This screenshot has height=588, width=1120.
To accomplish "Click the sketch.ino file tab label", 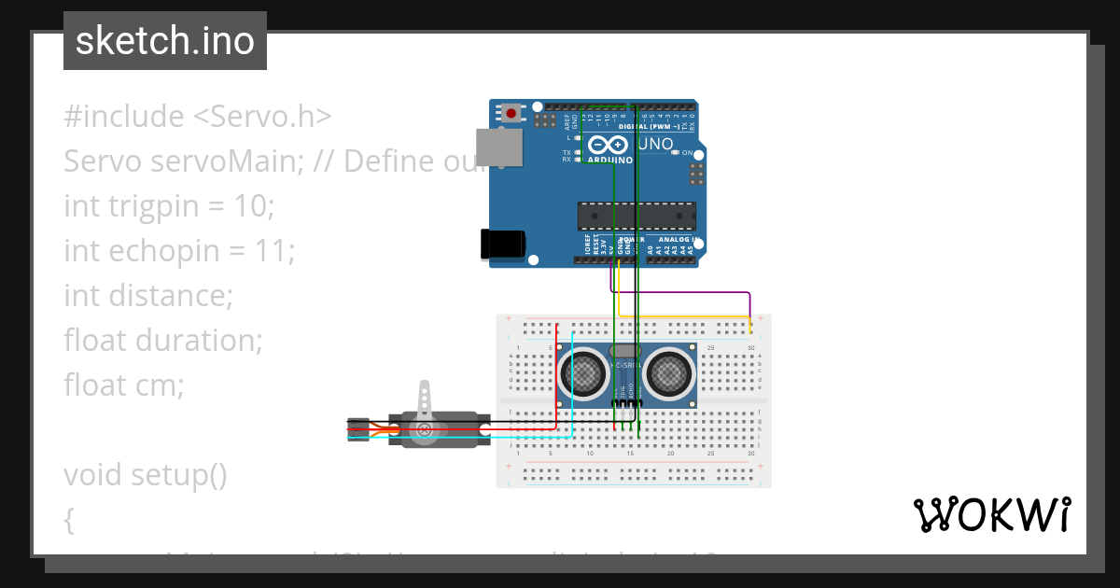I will point(164,41).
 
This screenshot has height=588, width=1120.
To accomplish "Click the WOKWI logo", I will point(991,514).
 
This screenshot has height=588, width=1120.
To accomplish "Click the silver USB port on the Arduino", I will point(499,147).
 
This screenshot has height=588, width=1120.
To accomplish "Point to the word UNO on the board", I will point(655,144).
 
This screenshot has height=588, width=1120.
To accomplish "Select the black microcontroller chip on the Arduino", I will point(636,216).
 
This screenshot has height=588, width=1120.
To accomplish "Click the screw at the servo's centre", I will point(425,430).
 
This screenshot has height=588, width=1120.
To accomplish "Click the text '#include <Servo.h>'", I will point(197,117).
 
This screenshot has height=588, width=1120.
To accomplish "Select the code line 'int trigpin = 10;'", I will point(169,205).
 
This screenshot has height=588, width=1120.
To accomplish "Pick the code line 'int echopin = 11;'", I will point(179,250).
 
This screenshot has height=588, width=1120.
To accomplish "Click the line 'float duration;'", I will point(163,340).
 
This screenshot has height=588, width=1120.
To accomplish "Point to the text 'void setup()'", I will point(146,475).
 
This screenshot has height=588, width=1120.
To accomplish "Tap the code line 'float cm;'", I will point(124,385).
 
